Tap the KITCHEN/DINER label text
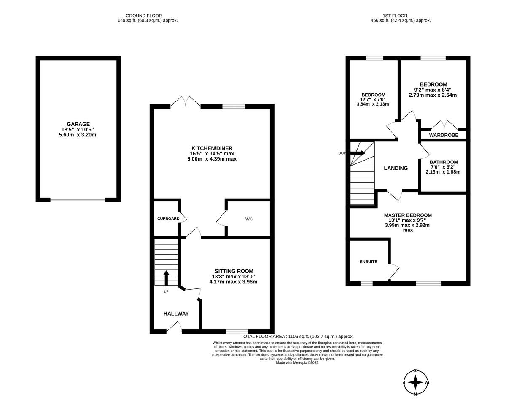click(212, 148)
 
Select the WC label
click(249, 219)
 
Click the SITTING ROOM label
click(234, 271)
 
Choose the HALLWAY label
click(176, 313)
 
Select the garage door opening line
click(78, 200)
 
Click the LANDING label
click(396, 168)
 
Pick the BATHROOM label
click(443, 162)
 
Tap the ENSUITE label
click(369, 261)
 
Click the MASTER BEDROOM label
click(407, 215)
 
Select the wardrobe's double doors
click(444, 125)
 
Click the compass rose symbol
click(416, 382)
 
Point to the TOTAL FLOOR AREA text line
click(297, 336)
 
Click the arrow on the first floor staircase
click(358, 153)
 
